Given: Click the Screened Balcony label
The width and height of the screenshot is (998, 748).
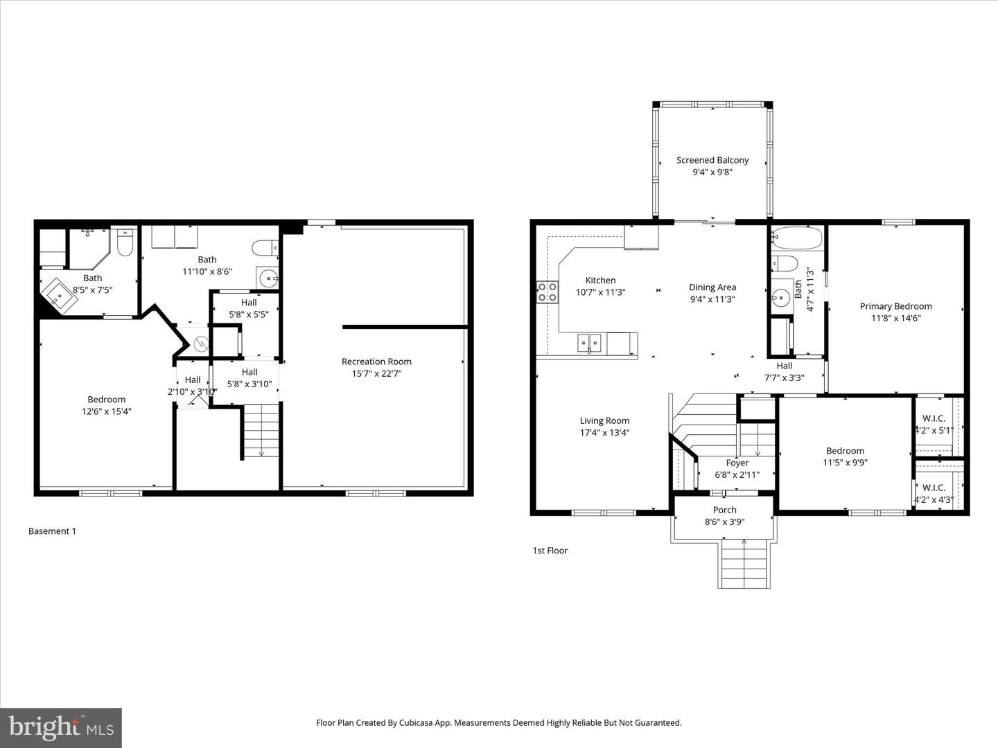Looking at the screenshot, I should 712,160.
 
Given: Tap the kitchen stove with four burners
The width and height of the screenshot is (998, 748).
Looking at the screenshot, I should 547,292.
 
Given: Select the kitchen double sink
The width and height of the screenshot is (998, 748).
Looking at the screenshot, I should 590,341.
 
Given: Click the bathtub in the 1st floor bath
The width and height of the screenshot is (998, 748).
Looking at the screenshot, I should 797,238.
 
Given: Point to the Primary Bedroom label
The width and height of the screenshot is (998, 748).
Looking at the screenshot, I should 895,306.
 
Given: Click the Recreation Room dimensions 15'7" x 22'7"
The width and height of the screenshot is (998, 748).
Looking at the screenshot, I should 376,373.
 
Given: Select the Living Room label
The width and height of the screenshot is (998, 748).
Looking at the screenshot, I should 604,420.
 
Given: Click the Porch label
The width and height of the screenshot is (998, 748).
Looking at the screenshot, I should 724,510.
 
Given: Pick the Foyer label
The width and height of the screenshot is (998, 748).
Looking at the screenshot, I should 737,463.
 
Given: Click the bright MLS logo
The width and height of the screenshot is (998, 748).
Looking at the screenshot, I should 61,727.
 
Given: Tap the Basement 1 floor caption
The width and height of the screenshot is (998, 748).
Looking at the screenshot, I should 52,531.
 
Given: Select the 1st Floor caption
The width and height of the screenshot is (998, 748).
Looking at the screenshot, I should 550,551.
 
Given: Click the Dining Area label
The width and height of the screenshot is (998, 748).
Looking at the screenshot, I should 712,287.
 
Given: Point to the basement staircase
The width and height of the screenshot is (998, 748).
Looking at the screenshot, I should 261,431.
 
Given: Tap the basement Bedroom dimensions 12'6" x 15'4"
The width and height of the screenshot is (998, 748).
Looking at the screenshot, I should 106,411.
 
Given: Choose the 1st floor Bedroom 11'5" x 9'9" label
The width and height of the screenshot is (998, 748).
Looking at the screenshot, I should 845,451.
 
